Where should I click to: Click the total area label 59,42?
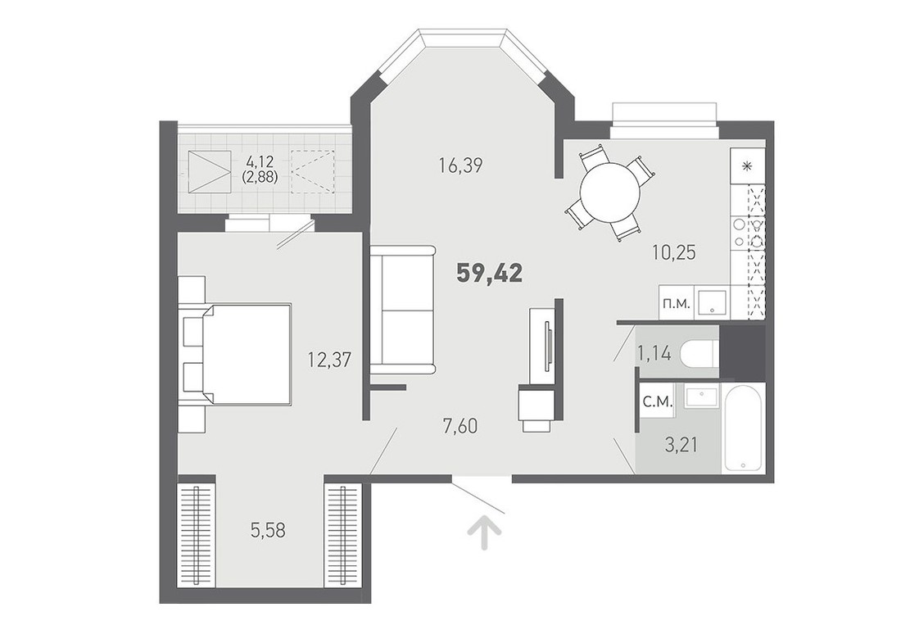490,274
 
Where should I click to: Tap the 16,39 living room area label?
460,166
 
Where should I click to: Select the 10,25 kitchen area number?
674,252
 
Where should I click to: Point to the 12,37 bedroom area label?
329,360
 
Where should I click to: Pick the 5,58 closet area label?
268,530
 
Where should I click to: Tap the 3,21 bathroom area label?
682,444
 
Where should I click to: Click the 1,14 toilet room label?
654,352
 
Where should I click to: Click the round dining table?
609,193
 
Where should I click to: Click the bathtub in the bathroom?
744,427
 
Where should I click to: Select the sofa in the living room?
402,310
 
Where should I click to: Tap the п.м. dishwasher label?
677,303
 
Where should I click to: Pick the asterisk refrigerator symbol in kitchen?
747,166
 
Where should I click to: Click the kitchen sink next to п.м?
712,303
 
